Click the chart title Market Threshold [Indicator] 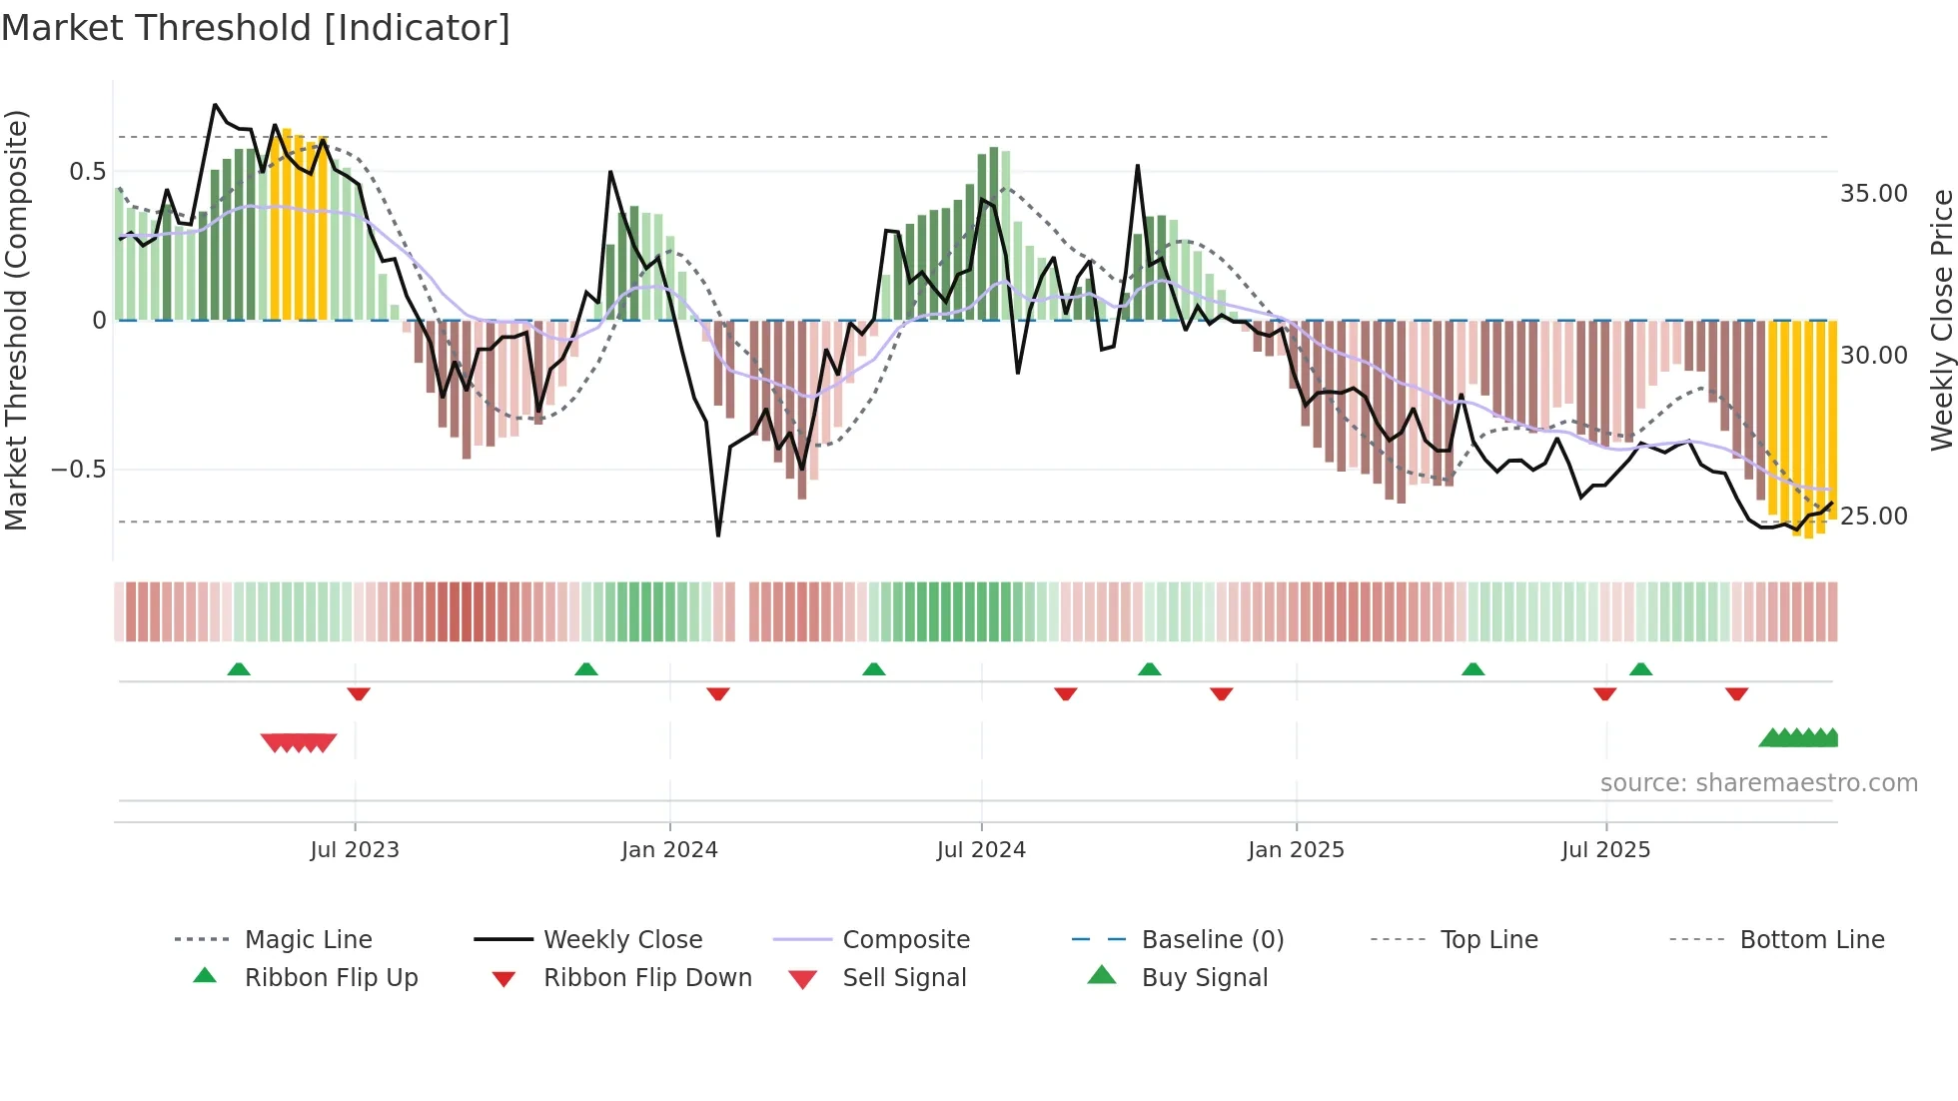pos(256,28)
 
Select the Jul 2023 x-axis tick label pos(355,850)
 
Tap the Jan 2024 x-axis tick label pos(669,850)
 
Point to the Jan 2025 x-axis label pos(1296,850)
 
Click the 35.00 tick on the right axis pos(1873,194)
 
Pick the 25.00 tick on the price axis pos(1873,517)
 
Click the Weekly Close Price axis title pos(1941,320)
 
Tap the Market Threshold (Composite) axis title pos(16,320)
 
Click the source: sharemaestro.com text pos(1758,783)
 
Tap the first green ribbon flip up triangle pos(239,669)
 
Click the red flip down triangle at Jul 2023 pos(359,693)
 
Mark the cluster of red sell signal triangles pos(298,742)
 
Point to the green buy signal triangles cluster pos(1799,738)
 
